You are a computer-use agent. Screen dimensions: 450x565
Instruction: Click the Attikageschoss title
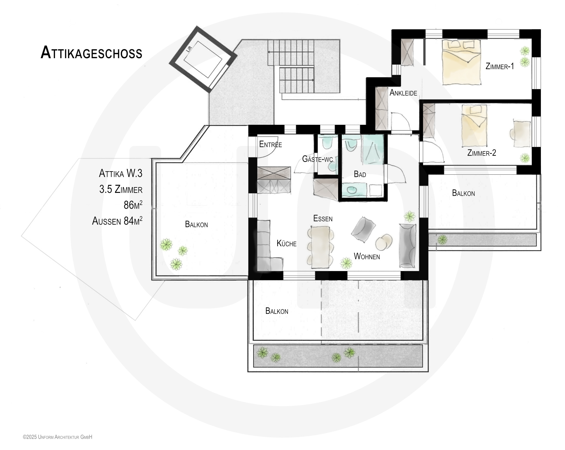[x=91, y=53]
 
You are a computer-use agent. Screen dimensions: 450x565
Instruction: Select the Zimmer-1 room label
[x=500, y=66]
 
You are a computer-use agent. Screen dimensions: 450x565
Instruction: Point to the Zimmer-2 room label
[x=481, y=153]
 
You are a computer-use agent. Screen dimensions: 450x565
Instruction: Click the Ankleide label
[x=403, y=93]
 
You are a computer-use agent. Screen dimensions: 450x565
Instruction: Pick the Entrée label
[x=270, y=144]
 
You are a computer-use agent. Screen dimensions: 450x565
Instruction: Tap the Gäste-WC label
[x=317, y=159]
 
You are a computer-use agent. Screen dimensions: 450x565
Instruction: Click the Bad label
[x=360, y=174]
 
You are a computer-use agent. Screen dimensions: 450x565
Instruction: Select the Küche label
[x=286, y=244]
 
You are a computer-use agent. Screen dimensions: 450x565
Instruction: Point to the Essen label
[x=323, y=219]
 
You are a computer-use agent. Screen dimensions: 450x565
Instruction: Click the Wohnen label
[x=367, y=257]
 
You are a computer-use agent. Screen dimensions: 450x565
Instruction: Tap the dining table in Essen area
[x=321, y=247]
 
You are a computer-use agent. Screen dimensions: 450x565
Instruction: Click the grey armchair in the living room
[x=363, y=229]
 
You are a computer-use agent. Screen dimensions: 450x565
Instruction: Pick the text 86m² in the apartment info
[x=133, y=205]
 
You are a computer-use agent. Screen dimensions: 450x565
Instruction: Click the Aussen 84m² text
[x=117, y=221]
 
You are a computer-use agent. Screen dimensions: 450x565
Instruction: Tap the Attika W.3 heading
[x=121, y=173]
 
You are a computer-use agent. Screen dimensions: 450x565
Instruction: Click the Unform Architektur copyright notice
[x=57, y=437]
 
